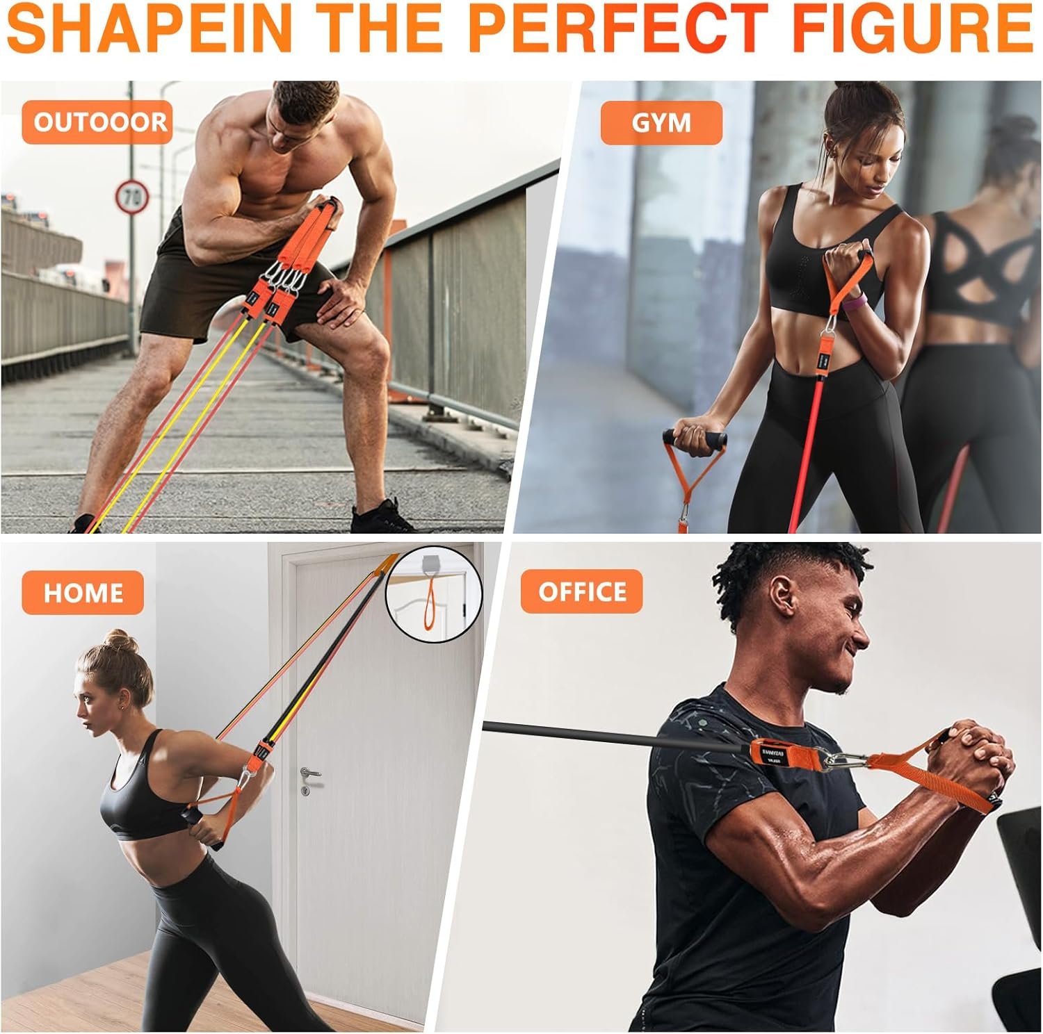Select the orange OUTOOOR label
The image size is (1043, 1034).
(x=97, y=122)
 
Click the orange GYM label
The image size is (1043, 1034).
(x=661, y=122)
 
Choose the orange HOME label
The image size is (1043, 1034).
(x=83, y=592)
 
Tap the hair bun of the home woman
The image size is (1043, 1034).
(x=119, y=642)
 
